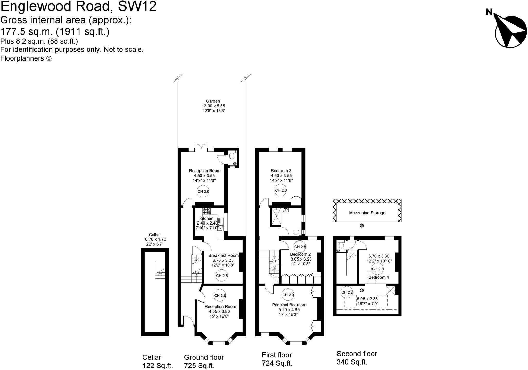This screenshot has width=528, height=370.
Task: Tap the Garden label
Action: coord(213,101)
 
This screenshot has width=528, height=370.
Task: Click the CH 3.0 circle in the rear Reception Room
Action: coord(203,191)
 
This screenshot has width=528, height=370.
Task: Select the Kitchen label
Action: coord(206,218)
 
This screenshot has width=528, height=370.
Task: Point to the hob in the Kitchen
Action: coord(207,211)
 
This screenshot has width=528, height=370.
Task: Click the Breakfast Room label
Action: coord(223,255)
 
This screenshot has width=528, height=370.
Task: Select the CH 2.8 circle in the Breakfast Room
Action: coord(222,276)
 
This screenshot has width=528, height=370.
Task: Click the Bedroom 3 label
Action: coord(281,171)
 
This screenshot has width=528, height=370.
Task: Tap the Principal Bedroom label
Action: coord(289,305)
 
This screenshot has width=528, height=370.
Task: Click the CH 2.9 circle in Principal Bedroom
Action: coord(288,295)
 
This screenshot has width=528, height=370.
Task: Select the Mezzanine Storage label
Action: coord(367,213)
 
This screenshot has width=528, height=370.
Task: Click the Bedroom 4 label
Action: coord(378,277)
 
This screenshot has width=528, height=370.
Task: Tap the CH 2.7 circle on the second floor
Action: coord(347,292)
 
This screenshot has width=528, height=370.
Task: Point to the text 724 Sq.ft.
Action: coord(277,363)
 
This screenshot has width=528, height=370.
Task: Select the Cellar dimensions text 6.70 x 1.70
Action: coord(155,239)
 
